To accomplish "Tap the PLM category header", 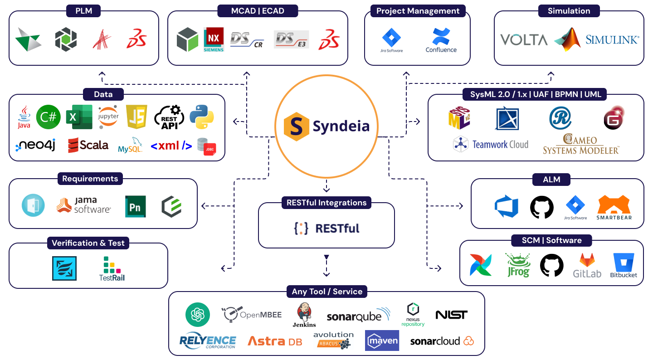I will coord(84,11).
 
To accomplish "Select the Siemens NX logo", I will coord(214,40).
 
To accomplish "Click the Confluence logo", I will coord(441,40).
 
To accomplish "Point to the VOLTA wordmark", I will coord(524,40).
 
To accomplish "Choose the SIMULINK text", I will coord(612,40).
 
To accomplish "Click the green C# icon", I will coord(49,117).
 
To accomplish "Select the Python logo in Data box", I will coord(202,117).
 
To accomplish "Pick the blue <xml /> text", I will coord(171,146).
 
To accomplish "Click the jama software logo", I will coord(83,205).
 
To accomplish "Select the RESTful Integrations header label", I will coord(326,203).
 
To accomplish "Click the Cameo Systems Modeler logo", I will coord(581,144).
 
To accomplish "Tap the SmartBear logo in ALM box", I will coord(614,208).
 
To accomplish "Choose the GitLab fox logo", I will coord(587,265).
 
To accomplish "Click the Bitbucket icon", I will coord(624,265).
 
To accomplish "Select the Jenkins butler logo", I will coord(304,315).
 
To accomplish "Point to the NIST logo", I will coord(451,315).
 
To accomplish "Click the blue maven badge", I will coord(382,341).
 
